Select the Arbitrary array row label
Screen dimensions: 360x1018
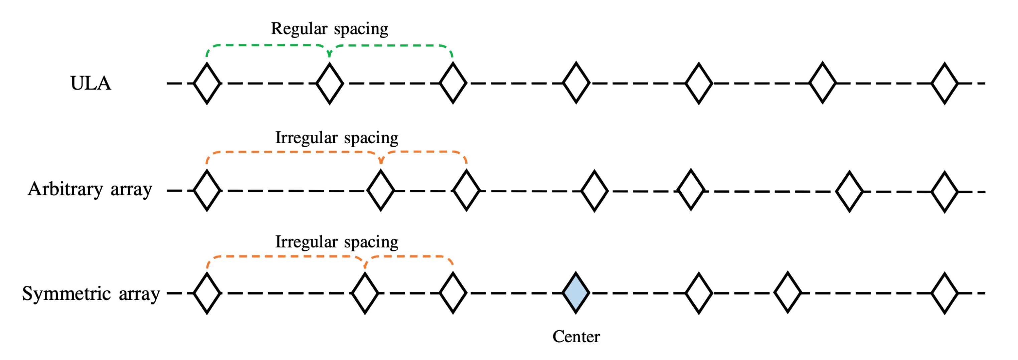point(90,189)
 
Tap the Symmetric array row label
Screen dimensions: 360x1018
point(91,294)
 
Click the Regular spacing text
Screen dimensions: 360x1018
point(329,29)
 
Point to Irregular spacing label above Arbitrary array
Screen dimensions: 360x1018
point(337,138)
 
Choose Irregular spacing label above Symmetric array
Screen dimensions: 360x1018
point(337,242)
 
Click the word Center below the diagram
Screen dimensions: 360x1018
point(576,337)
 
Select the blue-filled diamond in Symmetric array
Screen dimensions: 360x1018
point(576,293)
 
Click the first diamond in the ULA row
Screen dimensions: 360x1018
point(207,83)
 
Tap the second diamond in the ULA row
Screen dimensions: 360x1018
point(330,83)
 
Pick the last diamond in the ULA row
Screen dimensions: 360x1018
point(944,83)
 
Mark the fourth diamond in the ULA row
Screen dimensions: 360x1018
point(576,83)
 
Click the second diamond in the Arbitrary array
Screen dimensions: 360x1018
point(380,190)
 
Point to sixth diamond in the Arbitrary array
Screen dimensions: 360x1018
point(849,191)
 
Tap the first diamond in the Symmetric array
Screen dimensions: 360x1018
point(207,293)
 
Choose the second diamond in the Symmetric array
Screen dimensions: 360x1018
point(365,293)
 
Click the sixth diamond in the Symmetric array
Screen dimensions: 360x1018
point(788,293)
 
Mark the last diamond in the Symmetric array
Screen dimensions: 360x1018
point(944,293)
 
